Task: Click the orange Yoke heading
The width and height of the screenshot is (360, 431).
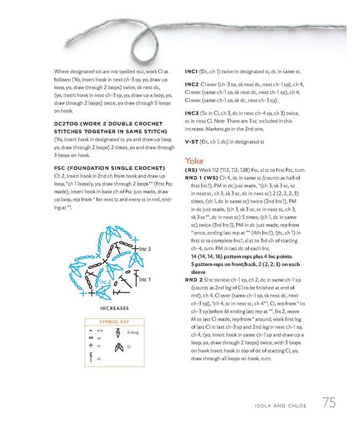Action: (x=194, y=161)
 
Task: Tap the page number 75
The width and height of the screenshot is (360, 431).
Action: (x=329, y=403)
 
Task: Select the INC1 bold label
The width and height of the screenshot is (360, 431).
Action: (x=191, y=71)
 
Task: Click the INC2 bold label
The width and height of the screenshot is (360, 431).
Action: (x=192, y=84)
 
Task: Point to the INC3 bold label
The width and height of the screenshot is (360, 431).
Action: (x=192, y=113)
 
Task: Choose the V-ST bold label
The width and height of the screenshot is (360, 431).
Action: (x=191, y=142)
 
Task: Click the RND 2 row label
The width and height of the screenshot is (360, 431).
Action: (x=194, y=280)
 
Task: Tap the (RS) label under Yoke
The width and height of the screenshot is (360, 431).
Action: (x=191, y=170)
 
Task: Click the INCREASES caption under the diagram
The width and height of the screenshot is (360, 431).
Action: (x=114, y=308)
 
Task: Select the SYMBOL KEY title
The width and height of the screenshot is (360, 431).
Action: (x=114, y=322)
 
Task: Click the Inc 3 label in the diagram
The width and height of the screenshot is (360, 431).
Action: (x=145, y=249)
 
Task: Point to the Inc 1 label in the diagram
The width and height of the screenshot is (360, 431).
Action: (x=145, y=280)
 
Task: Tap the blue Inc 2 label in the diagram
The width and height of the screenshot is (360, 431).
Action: (x=105, y=282)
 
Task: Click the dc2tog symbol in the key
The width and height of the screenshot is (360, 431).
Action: (x=118, y=332)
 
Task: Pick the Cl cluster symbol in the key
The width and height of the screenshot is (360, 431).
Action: (x=119, y=347)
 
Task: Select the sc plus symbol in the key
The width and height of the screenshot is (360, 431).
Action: (x=91, y=345)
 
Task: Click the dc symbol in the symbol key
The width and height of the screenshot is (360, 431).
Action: (x=91, y=358)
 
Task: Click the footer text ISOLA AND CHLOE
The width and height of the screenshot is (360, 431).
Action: (x=280, y=406)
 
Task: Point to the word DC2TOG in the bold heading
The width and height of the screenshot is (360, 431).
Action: (x=65, y=124)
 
